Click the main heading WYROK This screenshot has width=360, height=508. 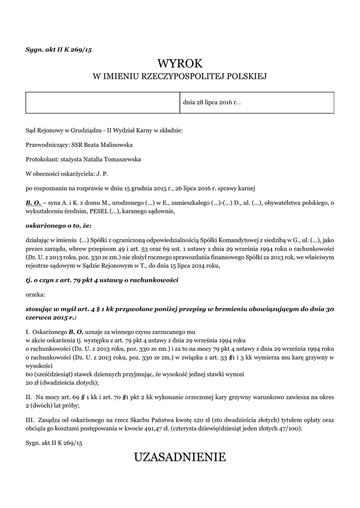(x=180, y=63)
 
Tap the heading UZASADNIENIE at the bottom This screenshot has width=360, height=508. (x=180, y=457)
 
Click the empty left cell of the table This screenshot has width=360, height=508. (x=102, y=103)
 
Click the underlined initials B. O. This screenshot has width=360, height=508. (x=33, y=203)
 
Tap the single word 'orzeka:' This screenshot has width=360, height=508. (x=35, y=294)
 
